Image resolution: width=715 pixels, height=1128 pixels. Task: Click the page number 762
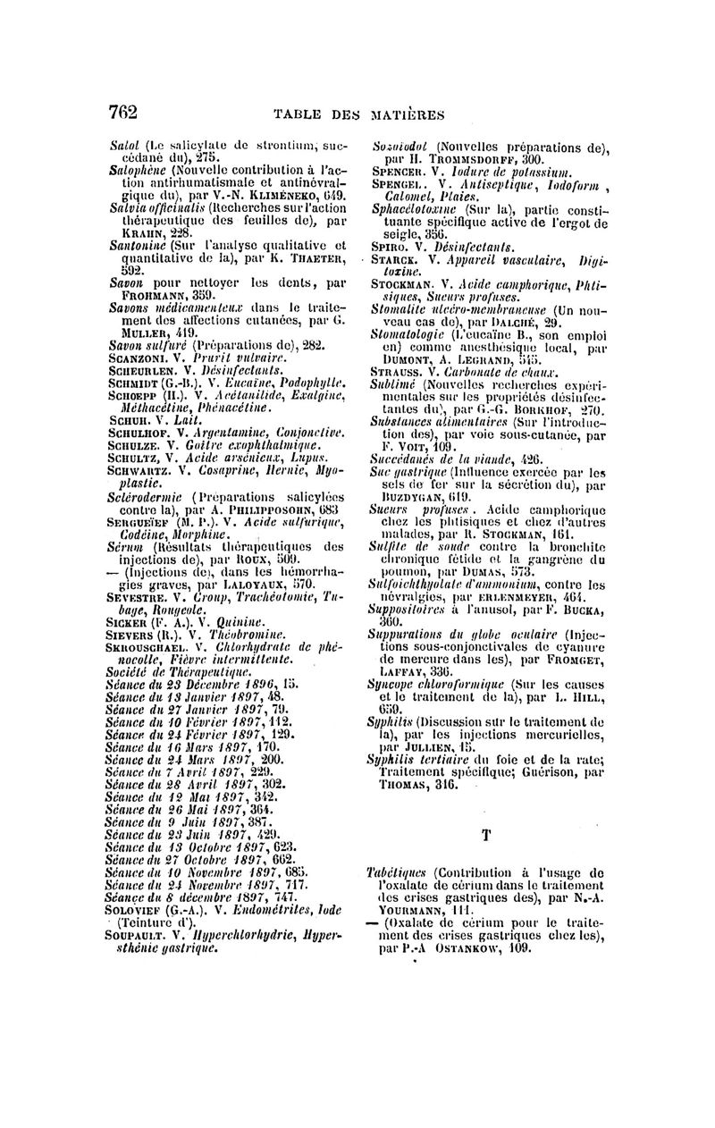(x=122, y=112)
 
